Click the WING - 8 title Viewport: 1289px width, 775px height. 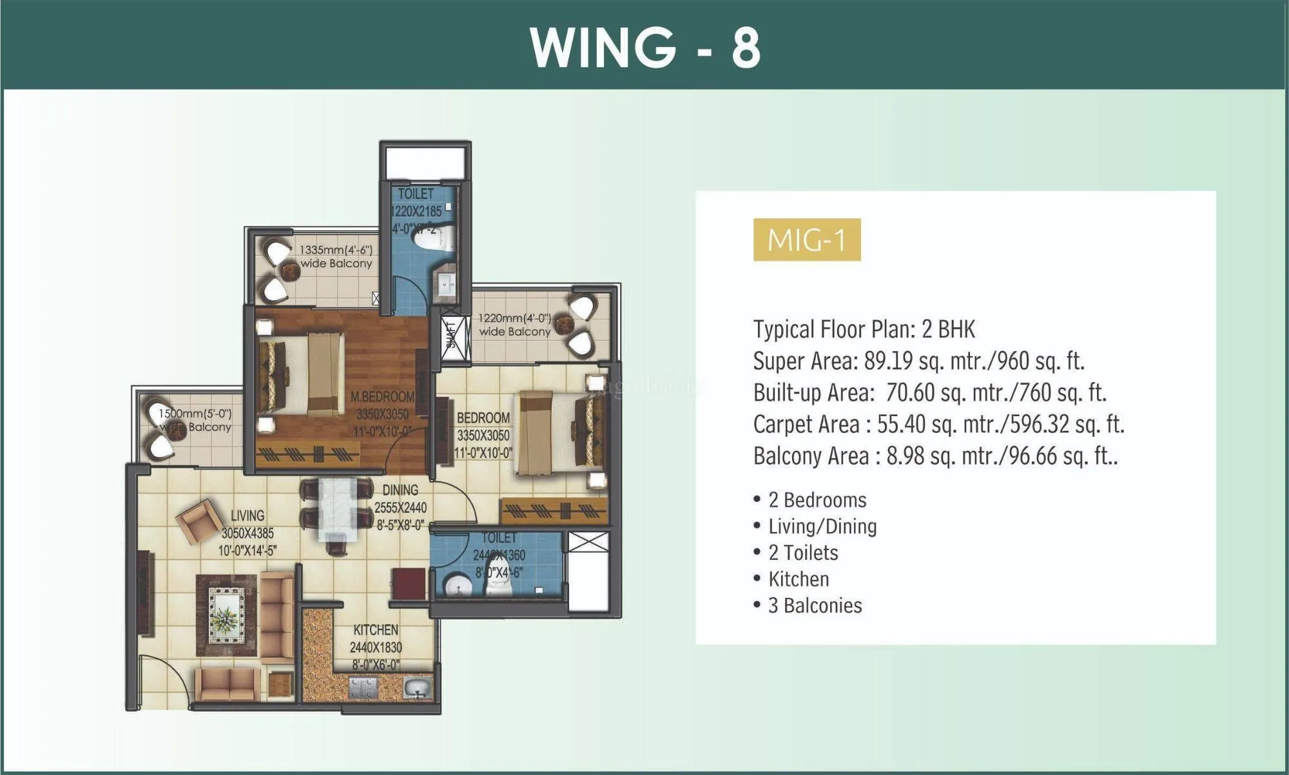[644, 47]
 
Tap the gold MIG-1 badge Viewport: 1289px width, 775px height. [806, 240]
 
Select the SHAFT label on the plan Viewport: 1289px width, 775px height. [451, 335]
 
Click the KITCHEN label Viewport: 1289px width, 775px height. [376, 630]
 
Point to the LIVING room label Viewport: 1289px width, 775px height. [247, 515]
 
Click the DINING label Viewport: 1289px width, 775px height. [400, 490]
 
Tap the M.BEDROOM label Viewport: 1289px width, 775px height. [382, 397]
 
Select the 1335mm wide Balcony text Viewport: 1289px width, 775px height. [336, 256]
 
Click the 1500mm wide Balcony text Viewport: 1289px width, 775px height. [195, 420]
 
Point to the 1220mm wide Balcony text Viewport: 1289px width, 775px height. [514, 325]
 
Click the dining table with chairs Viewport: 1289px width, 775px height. [337, 513]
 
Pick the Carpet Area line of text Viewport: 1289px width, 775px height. [938, 425]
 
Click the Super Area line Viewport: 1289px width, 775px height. [918, 361]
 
